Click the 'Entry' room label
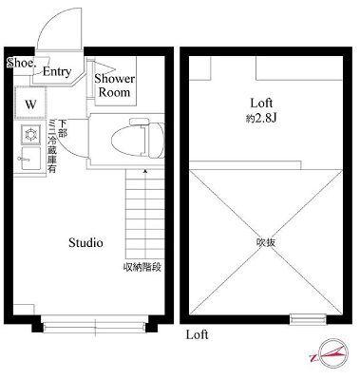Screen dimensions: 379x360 point(57,71)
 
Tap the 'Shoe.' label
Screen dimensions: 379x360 point(20,63)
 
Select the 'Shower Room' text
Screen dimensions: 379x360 point(114,85)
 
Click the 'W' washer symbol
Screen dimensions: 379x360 point(30,103)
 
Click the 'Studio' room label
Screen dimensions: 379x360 point(85,243)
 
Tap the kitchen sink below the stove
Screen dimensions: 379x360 point(29,155)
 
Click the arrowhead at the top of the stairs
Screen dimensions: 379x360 point(145,172)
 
